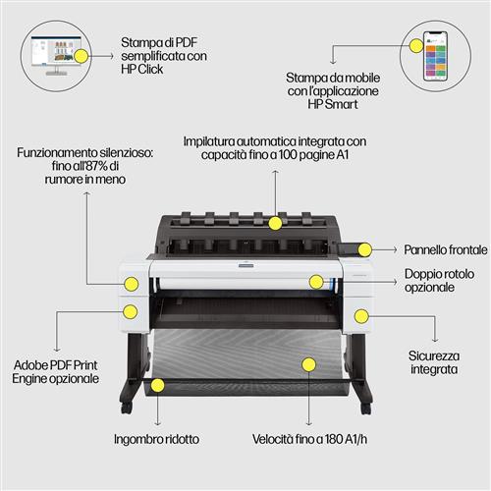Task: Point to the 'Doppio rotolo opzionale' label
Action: pos(429,281)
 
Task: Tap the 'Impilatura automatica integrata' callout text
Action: pos(279,148)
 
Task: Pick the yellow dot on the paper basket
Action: pos(309,365)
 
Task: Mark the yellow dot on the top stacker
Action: pos(277,222)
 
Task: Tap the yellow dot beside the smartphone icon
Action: pos(413,43)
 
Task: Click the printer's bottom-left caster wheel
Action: pos(125,405)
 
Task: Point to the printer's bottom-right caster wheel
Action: pos(364,405)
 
